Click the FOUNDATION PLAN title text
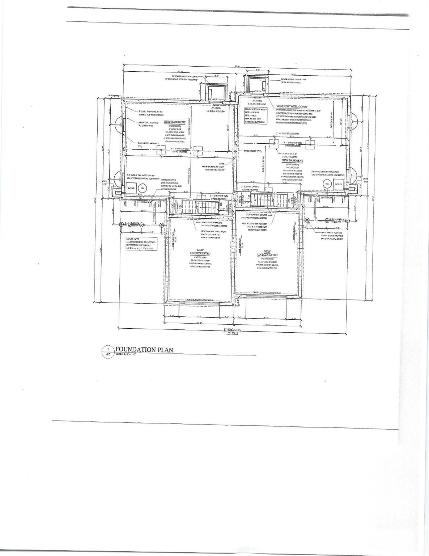[x=144, y=350]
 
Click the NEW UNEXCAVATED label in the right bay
[x=267, y=253]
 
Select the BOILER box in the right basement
[x=338, y=184]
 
